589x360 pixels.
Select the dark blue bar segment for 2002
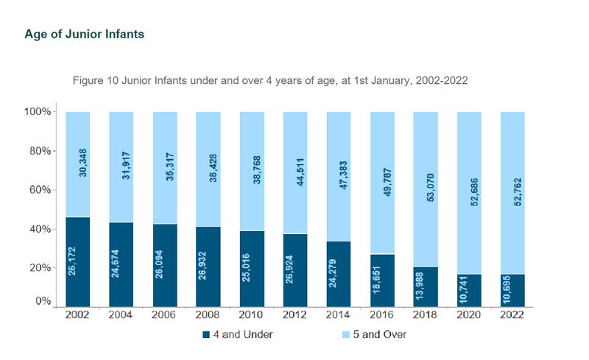77,261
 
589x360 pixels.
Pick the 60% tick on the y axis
38,190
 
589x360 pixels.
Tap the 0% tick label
42,302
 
